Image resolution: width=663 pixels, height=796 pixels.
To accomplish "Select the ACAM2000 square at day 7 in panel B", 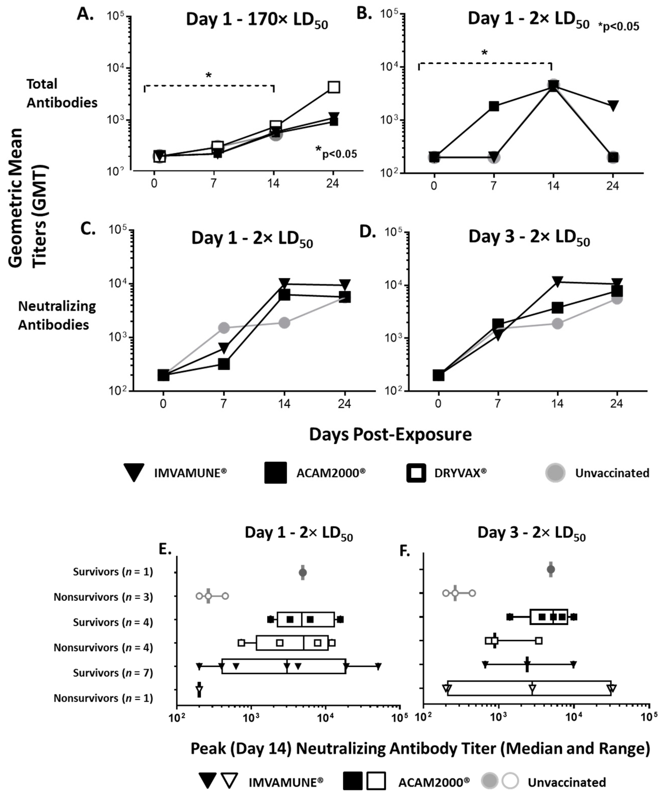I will (x=494, y=106).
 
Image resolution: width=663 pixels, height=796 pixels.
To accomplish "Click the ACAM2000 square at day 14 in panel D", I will (x=557, y=308).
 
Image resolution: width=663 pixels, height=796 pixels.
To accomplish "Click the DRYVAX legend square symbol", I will (x=416, y=473).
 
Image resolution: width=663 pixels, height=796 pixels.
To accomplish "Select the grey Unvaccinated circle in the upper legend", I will (x=555, y=473).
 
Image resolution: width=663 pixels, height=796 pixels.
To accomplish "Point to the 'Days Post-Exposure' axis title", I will (x=390, y=434).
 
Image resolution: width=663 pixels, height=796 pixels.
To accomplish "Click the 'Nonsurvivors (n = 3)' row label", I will (x=103, y=597).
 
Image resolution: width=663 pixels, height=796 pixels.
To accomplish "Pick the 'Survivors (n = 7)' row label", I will (x=113, y=673).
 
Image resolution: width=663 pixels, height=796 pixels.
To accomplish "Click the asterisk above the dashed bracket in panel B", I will (x=484, y=53).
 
